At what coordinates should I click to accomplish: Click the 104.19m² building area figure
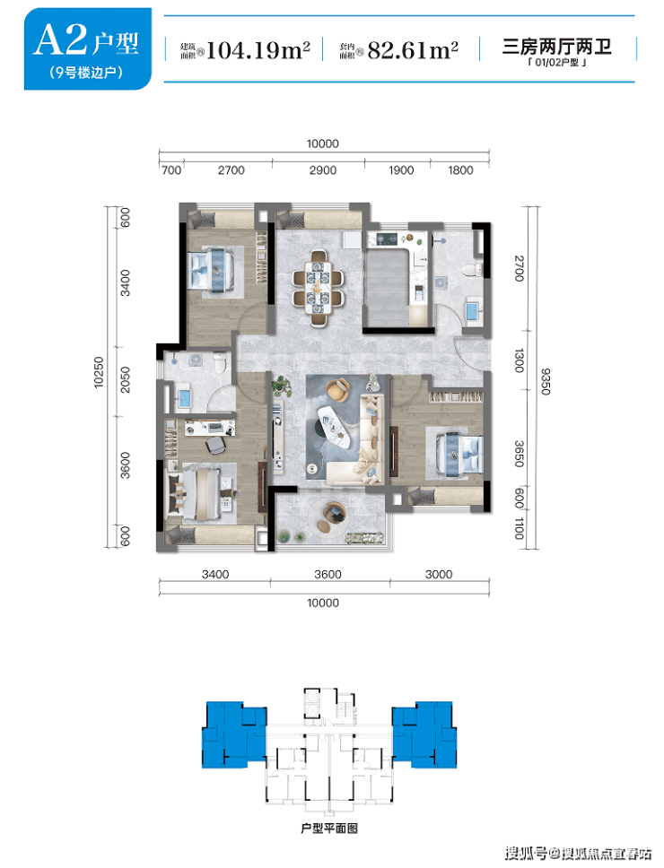(258, 50)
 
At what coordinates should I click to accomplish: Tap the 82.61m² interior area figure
(413, 50)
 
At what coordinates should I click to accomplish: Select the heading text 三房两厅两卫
(556, 46)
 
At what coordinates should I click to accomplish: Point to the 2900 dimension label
(323, 170)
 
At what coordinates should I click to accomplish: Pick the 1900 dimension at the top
(401, 170)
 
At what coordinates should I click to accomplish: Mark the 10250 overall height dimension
(99, 372)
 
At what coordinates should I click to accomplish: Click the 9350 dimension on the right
(545, 381)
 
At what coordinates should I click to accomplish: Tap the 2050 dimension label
(126, 380)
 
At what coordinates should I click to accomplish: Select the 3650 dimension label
(519, 454)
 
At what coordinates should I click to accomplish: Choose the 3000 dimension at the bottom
(439, 575)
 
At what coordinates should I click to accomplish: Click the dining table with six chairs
(318, 287)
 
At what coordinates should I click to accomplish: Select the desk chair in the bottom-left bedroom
(214, 444)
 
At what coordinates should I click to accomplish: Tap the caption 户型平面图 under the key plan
(329, 829)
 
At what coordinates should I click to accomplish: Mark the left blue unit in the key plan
(233, 734)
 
